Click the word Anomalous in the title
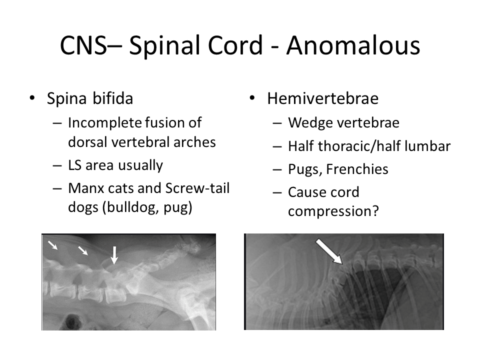[x=353, y=45]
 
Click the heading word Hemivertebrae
[x=322, y=98]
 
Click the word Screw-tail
[x=197, y=188]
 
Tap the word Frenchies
[x=357, y=169]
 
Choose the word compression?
[x=333, y=211]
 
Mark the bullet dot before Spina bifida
[x=32, y=98]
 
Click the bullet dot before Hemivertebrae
[x=252, y=98]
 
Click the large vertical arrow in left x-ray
[x=114, y=255]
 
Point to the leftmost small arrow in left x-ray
[x=52, y=245]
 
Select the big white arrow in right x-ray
[x=329, y=251]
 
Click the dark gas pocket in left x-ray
[x=71, y=321]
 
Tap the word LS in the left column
[x=74, y=165]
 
